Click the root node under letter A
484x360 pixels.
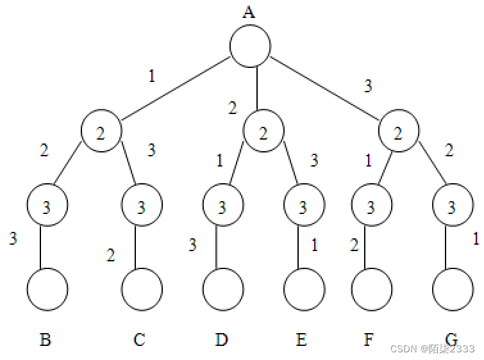tap(250, 47)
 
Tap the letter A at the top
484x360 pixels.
tap(249, 12)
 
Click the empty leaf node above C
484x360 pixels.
tap(142, 289)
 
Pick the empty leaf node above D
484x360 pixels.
tap(223, 289)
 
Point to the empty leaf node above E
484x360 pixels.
tap(304, 289)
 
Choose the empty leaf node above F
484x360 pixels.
tap(371, 289)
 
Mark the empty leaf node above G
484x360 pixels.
tap(453, 289)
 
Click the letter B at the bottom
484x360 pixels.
tap(46, 340)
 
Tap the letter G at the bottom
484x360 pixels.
tap(452, 339)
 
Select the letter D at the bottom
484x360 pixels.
tap(222, 339)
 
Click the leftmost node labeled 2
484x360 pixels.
tap(101, 133)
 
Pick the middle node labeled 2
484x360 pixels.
tap(263, 133)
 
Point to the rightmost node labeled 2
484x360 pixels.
tap(399, 133)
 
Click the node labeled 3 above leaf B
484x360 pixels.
tap(47, 207)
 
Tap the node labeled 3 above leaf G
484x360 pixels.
tap(453, 207)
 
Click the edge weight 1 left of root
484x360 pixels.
tap(152, 77)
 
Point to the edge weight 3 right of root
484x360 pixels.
tap(368, 86)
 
